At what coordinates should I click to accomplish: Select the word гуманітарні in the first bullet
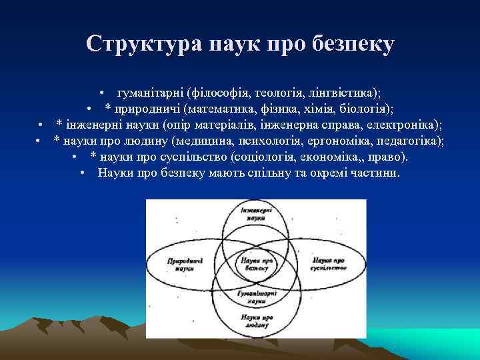[x=151, y=93]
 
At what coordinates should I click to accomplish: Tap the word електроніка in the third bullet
[x=409, y=125]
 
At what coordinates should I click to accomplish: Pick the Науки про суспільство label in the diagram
[x=327, y=263]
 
